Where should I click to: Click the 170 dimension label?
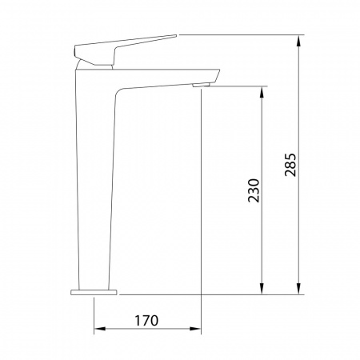(146, 321)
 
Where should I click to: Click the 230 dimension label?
(254, 190)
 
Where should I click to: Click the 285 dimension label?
(290, 165)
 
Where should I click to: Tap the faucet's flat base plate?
(94, 292)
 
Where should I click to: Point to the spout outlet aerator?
(201, 85)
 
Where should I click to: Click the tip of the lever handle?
(176, 35)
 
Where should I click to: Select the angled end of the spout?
(217, 76)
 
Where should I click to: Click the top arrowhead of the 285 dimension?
(299, 41)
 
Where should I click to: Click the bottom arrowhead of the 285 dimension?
(299, 289)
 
